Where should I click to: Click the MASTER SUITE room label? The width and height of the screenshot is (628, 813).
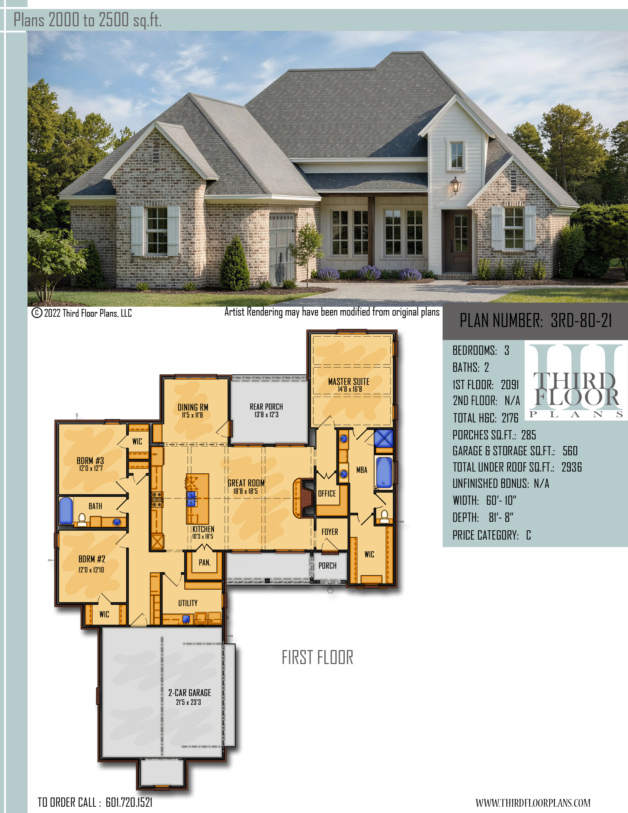coord(349,382)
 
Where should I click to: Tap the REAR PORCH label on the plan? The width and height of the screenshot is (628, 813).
coord(266,406)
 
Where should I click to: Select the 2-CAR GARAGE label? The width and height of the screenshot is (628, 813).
coord(190,693)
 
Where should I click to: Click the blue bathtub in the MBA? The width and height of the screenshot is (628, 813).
coord(384,472)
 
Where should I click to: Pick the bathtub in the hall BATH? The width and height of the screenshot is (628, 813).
coord(66,510)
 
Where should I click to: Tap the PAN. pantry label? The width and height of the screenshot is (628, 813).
coord(205,562)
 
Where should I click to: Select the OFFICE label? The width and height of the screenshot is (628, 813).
coord(327,494)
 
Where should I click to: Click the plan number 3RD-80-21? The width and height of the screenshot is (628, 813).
coord(581,320)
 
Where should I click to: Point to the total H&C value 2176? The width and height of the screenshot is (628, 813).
coord(510,418)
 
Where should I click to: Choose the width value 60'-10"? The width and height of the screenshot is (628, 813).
coord(501,500)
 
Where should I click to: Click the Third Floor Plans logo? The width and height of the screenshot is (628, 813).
coord(576,382)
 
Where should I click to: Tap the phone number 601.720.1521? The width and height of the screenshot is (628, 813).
coord(129,802)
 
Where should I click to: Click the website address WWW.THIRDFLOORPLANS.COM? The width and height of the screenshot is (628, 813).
coord(533,803)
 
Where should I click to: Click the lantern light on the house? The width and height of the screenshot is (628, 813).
coord(455,185)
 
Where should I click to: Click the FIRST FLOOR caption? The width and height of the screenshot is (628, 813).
coord(317,657)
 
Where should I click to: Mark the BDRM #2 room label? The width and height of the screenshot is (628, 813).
coord(92,559)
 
